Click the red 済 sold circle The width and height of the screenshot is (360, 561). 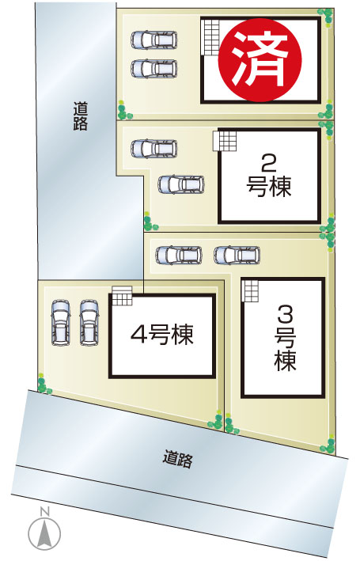[x=260, y=60]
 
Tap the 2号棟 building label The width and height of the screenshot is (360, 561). [x=269, y=176]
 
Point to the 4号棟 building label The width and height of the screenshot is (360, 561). [x=162, y=335]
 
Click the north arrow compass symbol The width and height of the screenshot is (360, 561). [x=44, y=533]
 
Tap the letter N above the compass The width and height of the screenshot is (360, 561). [x=44, y=512]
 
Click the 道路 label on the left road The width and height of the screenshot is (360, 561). [x=81, y=116]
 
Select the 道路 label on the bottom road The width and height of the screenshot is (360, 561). [x=178, y=459]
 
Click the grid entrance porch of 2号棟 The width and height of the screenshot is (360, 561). [x=225, y=141]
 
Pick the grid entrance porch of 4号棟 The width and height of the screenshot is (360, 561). [x=122, y=295]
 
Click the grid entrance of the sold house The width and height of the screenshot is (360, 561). [x=210, y=37]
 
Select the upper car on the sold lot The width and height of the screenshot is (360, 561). [x=153, y=40]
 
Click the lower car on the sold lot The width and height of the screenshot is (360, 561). [x=153, y=68]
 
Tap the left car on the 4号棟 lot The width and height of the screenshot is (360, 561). [x=61, y=322]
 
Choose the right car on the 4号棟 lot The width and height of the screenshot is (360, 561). [x=89, y=322]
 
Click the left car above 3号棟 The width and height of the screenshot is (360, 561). [x=179, y=255]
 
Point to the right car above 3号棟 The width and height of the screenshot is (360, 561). [x=237, y=255]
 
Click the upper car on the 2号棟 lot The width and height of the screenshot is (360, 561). [x=153, y=148]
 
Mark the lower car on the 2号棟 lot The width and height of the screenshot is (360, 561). [x=181, y=184]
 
